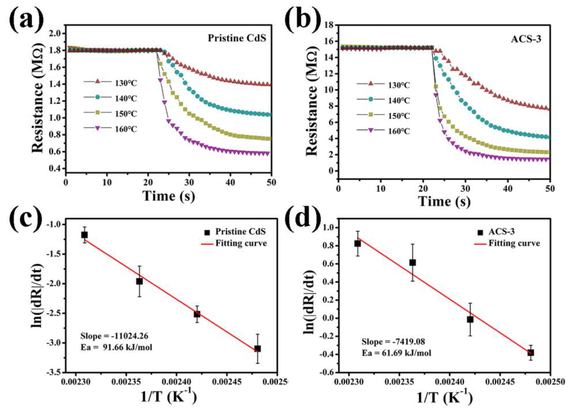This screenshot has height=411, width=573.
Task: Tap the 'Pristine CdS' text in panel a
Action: [x=237, y=38]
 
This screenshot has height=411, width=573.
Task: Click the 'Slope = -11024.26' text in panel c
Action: [x=114, y=336]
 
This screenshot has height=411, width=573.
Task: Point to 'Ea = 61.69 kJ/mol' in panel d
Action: [x=396, y=353]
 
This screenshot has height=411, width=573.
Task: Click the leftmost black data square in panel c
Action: [x=84, y=235]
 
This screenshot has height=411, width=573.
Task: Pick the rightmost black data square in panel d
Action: [x=531, y=353]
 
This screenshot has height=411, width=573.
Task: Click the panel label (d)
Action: [x=303, y=218]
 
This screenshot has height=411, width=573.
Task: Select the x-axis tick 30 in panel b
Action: [x=465, y=189]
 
